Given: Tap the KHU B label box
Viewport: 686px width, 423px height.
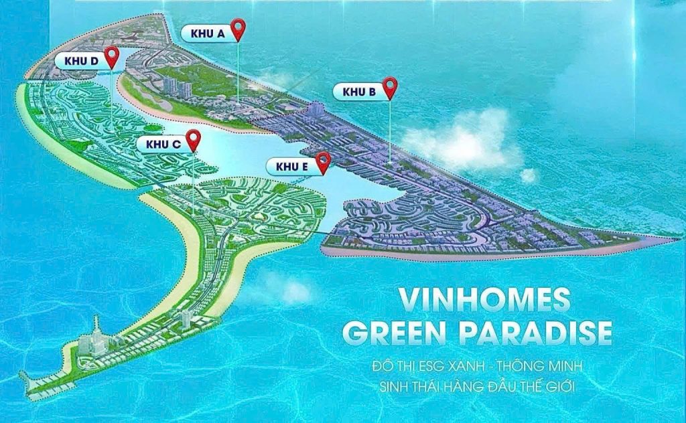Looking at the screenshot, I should (358, 92).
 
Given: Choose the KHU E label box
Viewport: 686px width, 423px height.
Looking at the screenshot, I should (291, 165).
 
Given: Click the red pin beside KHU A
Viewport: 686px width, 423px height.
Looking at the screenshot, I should (238, 29).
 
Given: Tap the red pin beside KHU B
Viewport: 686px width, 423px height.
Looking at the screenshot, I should (390, 87).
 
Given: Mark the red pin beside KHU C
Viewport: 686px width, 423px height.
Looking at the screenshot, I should (194, 139).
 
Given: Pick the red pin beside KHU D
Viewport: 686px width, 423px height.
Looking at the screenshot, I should (112, 56).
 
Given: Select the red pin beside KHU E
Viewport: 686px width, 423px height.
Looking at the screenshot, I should (324, 161).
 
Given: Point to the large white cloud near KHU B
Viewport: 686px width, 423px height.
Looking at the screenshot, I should (462, 141).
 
